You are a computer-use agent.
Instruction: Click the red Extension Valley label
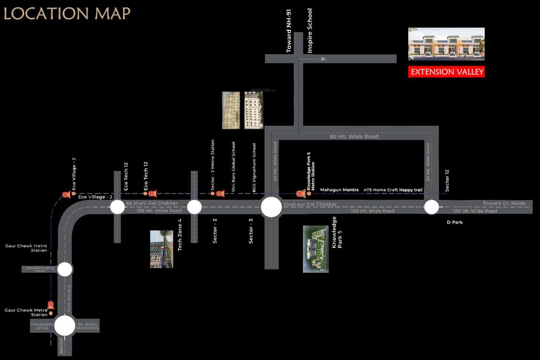(446, 72)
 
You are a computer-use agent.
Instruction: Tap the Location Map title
(67, 14)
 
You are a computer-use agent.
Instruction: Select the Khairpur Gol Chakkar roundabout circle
(271, 207)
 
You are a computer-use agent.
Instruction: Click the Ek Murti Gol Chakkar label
(152, 203)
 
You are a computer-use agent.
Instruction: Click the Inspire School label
(310, 31)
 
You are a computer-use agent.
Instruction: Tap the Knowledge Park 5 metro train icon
(301, 194)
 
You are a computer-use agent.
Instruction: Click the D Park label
(455, 222)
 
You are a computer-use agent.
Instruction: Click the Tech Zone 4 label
(180, 234)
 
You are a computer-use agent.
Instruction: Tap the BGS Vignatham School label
(255, 168)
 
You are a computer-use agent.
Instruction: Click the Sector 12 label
(447, 180)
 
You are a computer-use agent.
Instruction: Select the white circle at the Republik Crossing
(65, 269)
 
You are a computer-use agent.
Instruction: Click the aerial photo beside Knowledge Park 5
(315, 249)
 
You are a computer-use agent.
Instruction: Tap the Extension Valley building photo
(446, 44)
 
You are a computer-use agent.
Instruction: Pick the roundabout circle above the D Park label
(431, 207)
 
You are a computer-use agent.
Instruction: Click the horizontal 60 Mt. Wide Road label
(354, 136)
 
